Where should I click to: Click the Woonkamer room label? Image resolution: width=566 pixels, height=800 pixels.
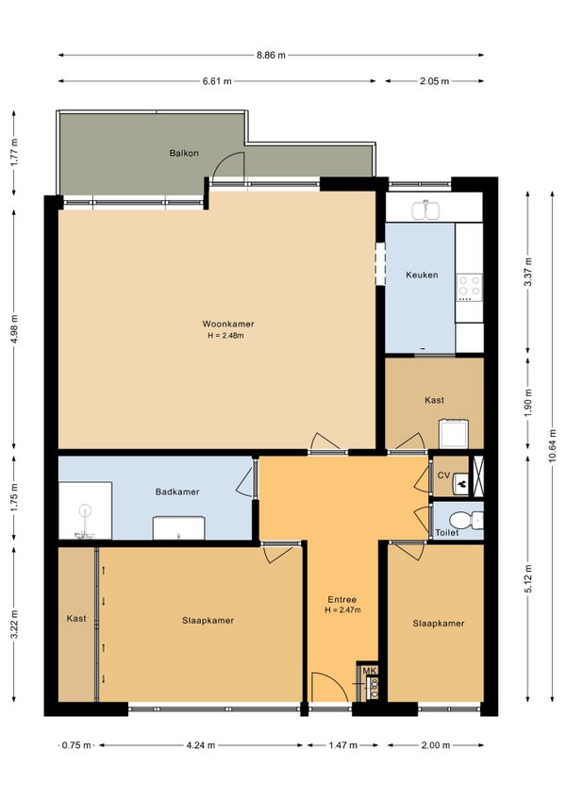pos(228,324)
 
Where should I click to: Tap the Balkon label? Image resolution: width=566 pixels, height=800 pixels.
pos(184,153)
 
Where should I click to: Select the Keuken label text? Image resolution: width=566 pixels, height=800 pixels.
pos(422,275)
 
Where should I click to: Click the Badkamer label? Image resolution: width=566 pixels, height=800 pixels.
pos(177,492)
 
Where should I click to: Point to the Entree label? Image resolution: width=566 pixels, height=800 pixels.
pos(341,599)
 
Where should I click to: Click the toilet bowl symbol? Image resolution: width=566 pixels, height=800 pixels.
pos(462,521)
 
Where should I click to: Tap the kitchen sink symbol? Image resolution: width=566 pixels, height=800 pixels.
pos(425,210)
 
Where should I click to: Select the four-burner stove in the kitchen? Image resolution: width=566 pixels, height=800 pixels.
pos(469,287)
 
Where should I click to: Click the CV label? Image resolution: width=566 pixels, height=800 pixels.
pos(444,475)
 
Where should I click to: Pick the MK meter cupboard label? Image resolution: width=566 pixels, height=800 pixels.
pos(371,671)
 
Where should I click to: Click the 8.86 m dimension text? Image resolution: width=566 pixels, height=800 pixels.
pos(271,55)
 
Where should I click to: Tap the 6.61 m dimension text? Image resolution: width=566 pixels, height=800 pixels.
pos(217,81)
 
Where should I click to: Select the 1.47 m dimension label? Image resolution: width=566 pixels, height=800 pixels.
pos(342,745)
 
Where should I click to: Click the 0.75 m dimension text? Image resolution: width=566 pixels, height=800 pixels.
pos(76,745)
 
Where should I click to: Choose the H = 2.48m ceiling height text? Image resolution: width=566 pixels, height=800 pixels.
pos(225,336)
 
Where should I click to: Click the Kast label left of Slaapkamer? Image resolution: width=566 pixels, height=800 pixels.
pos(76,618)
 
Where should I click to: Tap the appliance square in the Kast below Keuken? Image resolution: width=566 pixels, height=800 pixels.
pos(454,434)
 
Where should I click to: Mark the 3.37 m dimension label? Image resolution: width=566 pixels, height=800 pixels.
pos(529,272)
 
